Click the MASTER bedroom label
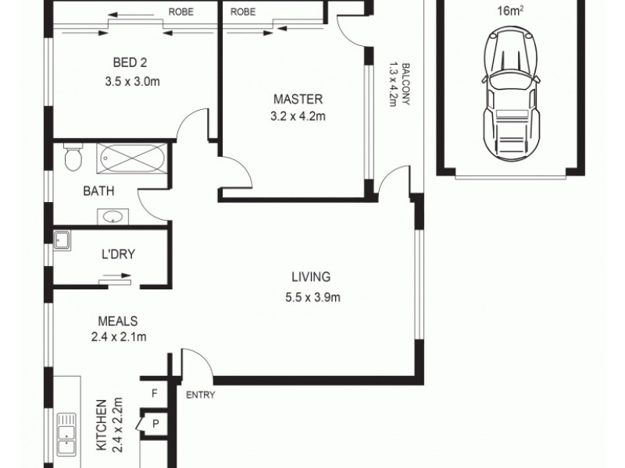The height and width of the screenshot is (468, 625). (297, 99)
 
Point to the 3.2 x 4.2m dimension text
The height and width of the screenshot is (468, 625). (297, 116)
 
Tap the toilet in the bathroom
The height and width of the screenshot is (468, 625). (72, 158)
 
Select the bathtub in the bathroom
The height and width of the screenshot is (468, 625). (130, 161)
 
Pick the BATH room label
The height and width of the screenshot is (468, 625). (99, 190)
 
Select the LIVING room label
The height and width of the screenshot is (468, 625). (311, 277)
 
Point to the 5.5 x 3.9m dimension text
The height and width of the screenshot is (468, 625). (311, 296)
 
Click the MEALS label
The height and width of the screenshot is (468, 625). (118, 321)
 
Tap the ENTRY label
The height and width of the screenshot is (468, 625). (201, 395)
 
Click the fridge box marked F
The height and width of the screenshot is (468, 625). (154, 394)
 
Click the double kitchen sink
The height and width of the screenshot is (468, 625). (67, 436)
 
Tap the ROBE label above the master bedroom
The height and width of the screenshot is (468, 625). (243, 12)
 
